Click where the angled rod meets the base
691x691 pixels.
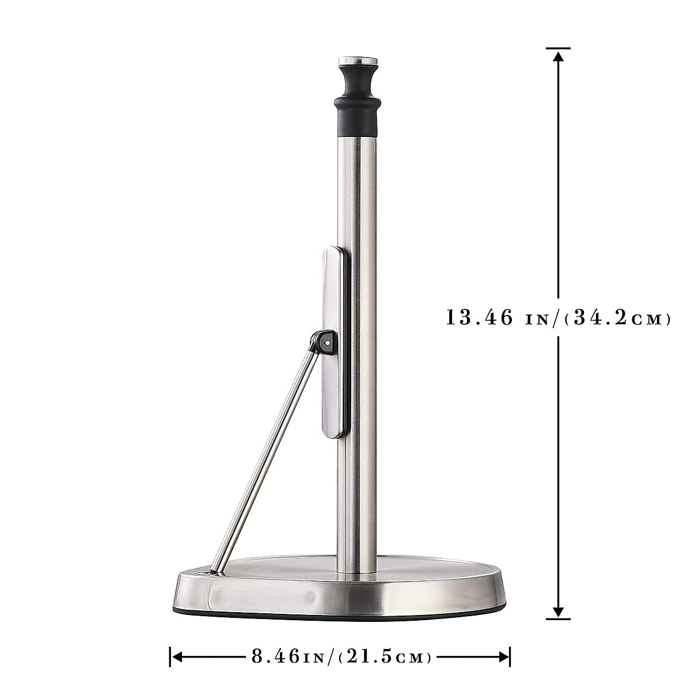(215, 572)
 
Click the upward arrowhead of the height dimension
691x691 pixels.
(557, 56)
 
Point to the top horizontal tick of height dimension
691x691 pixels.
(557, 48)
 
